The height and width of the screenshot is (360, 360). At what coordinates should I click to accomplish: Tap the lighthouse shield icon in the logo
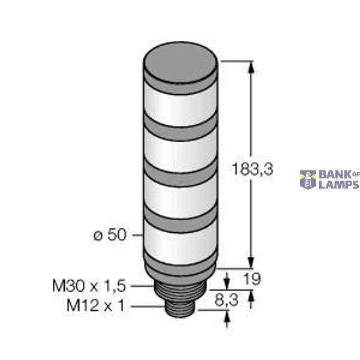(308, 179)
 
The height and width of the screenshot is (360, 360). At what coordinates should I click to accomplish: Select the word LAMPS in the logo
(338, 185)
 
